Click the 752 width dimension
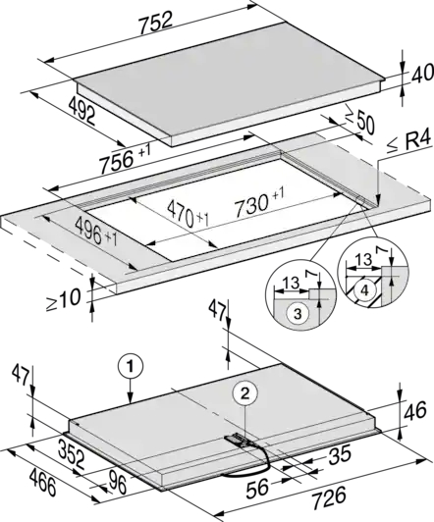(156, 23)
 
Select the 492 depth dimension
(81, 111)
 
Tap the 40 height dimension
(422, 74)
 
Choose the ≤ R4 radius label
(409, 143)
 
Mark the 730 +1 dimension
(259, 205)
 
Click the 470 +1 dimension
(188, 214)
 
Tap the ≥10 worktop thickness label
(63, 299)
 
